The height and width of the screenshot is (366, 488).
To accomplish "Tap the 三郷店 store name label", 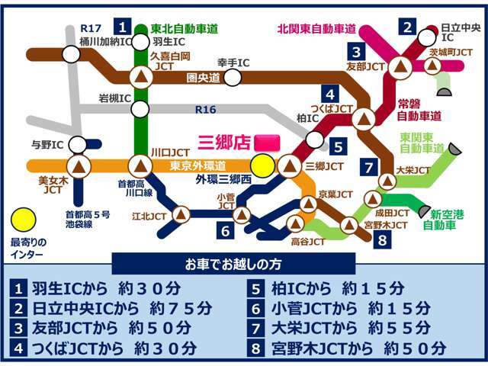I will (224, 143).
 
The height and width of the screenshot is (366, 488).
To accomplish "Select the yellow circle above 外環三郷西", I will (263, 165).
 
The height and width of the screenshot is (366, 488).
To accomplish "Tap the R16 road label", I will (205, 110).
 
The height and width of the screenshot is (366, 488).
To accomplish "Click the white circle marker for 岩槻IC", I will (140, 109).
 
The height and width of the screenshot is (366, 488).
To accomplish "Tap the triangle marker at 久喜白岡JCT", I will (140, 76).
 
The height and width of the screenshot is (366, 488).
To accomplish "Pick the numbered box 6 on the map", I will (226, 230).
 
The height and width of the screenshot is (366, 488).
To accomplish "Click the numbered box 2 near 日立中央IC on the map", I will (409, 28).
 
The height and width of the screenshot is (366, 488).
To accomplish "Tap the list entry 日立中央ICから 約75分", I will (112, 308).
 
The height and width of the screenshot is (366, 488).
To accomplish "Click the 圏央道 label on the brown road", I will (203, 77).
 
